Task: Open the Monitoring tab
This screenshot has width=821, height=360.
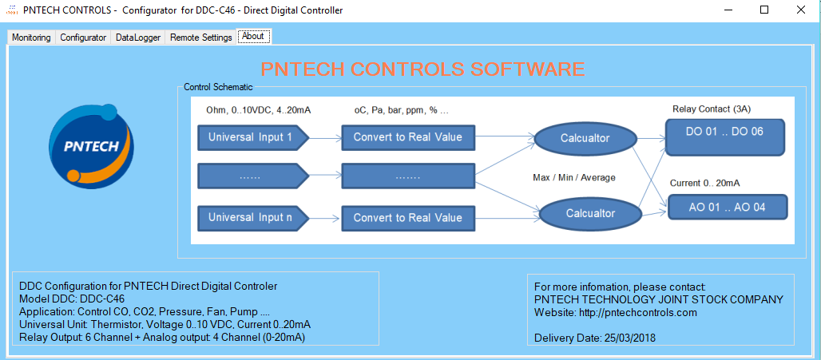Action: [x=31, y=38]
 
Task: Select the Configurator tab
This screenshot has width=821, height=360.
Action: [x=83, y=38]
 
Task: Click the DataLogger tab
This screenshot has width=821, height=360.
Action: [x=138, y=38]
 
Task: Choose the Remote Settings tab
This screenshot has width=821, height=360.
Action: [x=200, y=38]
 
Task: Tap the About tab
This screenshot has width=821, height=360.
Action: [x=253, y=36]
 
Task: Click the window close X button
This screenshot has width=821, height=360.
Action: [x=800, y=10]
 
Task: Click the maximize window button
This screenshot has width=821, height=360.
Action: [x=763, y=10]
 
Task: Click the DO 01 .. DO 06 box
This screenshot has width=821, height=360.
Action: [x=725, y=131]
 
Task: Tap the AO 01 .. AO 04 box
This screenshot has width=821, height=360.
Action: [x=727, y=207]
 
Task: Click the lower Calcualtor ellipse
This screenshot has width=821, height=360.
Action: [x=591, y=213]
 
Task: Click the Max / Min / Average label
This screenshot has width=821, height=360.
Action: [x=573, y=177]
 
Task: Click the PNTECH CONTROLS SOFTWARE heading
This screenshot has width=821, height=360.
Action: [x=422, y=69]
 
